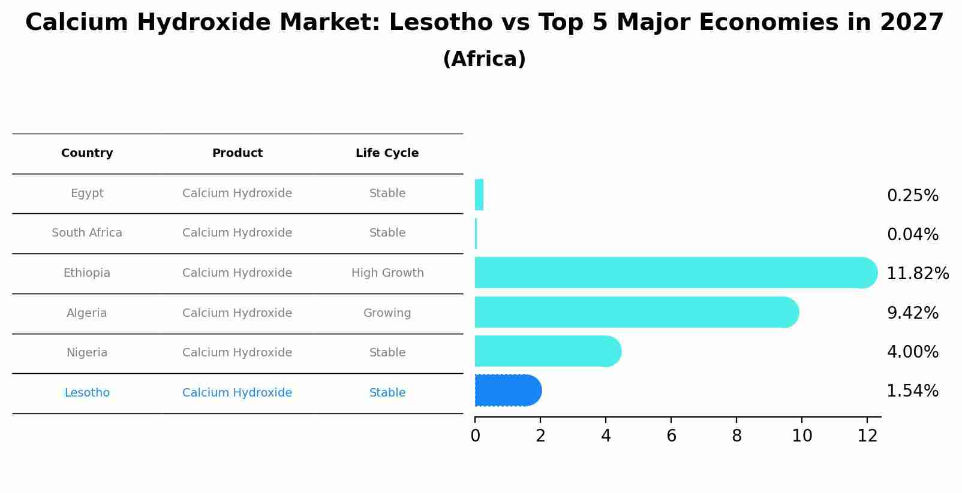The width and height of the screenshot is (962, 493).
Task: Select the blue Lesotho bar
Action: tap(507, 391)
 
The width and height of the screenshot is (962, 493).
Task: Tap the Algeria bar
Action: tap(636, 312)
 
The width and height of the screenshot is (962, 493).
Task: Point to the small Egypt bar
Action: tap(479, 195)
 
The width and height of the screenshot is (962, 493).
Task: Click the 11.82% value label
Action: tap(917, 274)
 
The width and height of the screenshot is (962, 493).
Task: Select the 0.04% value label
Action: tap(912, 235)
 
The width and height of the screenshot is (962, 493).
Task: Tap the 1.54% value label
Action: tap(912, 391)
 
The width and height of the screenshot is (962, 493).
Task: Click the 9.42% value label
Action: tap(912, 313)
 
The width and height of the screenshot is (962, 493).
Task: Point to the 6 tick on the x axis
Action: tap(671, 436)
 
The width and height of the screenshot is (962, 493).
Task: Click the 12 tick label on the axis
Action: tap(867, 436)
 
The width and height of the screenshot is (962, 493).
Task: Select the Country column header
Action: tap(87, 153)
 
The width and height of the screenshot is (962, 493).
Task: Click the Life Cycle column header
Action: tap(387, 153)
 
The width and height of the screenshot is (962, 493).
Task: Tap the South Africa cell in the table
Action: tap(87, 233)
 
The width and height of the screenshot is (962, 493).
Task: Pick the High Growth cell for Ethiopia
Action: tap(387, 273)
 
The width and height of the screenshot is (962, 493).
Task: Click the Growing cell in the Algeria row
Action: tap(387, 313)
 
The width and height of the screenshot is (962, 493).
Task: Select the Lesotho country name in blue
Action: tap(87, 393)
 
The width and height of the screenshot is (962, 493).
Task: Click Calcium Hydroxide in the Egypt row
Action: tap(237, 193)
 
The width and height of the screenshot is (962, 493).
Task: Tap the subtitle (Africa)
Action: tap(484, 59)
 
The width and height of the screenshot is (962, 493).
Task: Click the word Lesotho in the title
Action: tap(431, 23)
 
